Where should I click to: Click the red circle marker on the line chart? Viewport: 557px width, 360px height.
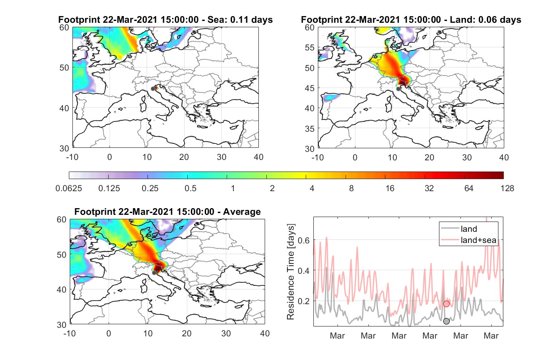[446, 304]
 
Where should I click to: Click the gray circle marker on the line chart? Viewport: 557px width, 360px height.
[446, 321]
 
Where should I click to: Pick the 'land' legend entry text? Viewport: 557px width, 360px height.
[469, 229]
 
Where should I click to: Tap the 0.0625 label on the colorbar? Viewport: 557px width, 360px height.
[69, 188]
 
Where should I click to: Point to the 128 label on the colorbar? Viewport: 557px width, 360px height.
[507, 188]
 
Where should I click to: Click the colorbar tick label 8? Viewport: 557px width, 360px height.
[351, 188]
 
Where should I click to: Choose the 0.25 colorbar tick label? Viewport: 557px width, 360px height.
[150, 188]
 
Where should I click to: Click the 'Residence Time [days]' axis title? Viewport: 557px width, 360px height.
[291, 272]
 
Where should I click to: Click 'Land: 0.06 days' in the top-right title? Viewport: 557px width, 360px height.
[485, 20]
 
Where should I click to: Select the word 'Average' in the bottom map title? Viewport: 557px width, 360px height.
[242, 212]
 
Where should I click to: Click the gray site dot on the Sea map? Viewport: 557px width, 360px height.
[153, 89]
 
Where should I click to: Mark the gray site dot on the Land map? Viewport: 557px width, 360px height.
[398, 89]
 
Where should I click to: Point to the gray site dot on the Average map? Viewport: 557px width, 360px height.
[154, 273]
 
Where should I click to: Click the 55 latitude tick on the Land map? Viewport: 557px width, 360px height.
[310, 47]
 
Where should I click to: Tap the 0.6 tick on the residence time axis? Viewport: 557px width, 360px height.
[304, 240]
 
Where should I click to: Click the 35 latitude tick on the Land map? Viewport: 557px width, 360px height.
[310, 129]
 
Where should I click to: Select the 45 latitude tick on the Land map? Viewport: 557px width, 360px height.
[310, 88]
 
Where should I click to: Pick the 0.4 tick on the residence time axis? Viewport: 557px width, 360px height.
[304, 270]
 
